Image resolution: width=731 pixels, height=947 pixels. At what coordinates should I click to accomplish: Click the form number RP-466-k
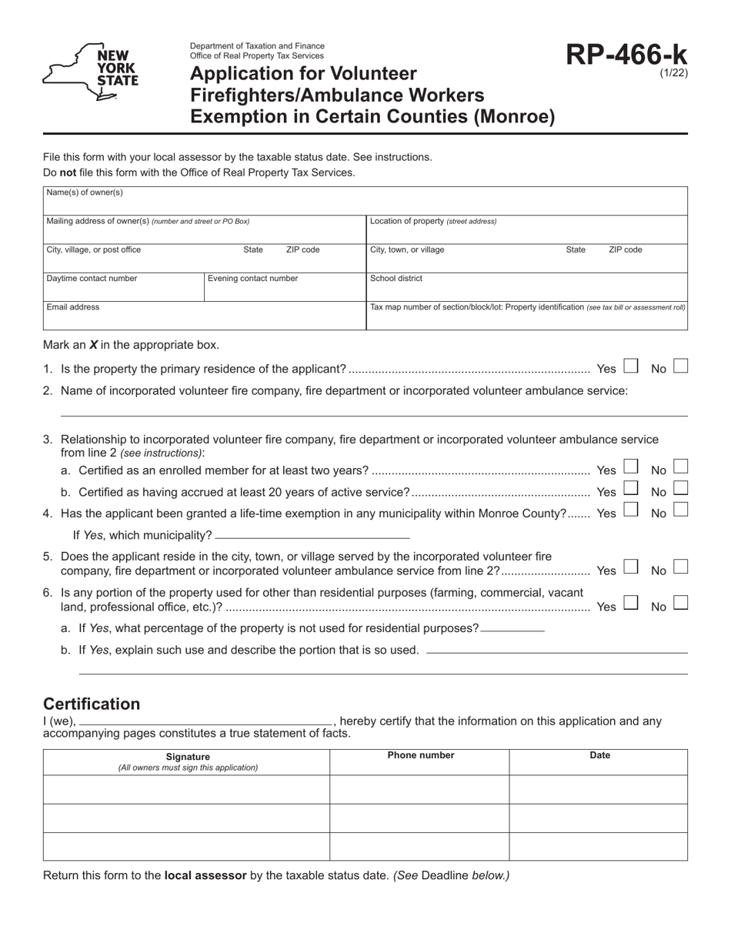coord(626,55)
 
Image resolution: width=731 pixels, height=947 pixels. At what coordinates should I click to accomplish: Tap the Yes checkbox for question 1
coord(630,366)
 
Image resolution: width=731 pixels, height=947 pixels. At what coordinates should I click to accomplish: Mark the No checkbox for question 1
coord(680,366)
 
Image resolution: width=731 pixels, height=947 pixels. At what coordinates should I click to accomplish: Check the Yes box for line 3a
coord(630,467)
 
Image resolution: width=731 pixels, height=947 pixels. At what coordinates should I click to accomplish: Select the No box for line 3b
coord(680,489)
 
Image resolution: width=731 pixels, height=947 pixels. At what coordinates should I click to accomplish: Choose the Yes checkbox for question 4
coord(630,510)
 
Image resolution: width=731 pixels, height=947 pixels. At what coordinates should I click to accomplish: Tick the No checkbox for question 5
coord(680,568)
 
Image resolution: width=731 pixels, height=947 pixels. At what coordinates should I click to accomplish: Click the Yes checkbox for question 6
coord(630,604)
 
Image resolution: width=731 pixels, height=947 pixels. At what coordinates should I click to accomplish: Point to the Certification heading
coord(92,704)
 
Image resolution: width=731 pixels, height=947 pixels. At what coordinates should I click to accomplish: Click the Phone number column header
coord(420,755)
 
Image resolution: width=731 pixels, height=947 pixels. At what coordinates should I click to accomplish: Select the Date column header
coord(599,755)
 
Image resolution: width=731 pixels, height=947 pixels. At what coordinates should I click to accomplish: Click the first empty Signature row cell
coord(187,789)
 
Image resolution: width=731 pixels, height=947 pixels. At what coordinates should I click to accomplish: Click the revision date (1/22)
coord(673,73)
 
